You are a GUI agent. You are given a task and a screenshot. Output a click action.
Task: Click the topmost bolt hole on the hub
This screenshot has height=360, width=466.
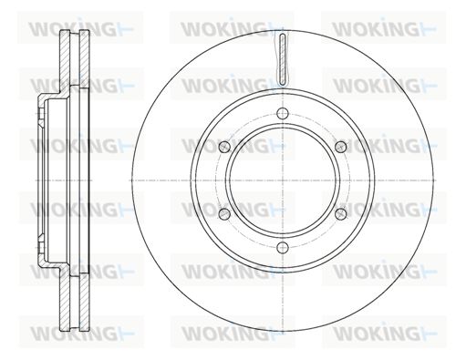283,114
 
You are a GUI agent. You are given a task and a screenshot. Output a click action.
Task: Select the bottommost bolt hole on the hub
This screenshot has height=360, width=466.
283,248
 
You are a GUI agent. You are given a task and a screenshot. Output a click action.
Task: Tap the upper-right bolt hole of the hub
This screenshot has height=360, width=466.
341,147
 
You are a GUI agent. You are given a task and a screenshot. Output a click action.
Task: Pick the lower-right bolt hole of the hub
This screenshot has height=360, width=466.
341,214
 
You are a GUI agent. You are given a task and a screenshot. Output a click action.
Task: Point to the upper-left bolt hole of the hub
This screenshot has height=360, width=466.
224,147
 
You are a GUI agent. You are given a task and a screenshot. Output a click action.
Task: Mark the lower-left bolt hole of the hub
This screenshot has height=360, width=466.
224,214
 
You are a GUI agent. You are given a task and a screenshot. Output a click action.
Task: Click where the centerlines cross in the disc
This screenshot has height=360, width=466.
283,180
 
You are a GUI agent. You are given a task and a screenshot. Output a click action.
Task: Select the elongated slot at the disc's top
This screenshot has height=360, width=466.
283,59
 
